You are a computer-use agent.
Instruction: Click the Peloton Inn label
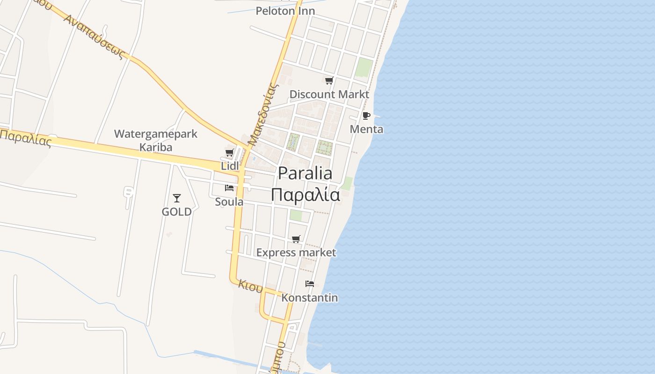coord(285,11)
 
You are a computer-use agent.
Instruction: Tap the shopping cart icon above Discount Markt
coord(329,80)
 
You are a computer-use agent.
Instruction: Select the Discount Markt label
coord(329,94)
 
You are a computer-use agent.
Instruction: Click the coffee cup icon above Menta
coord(366,115)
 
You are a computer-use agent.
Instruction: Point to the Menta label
coord(366,129)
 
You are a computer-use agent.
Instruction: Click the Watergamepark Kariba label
coord(156,140)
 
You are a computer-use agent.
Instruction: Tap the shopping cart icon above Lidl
coord(229,152)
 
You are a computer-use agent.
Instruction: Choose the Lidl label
coord(230,166)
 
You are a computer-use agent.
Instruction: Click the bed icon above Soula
coord(229,188)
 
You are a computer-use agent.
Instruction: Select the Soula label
coord(229,202)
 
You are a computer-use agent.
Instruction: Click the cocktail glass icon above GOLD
coord(176,198)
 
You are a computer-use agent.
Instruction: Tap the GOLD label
coord(176,212)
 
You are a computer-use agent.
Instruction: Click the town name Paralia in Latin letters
coord(305,173)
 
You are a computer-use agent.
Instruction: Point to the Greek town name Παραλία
coord(305,194)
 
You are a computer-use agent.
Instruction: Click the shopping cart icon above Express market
coord(296,239)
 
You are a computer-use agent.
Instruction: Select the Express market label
coord(296,253)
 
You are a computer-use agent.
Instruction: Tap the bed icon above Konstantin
coord(309,284)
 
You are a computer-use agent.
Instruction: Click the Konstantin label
coord(309,298)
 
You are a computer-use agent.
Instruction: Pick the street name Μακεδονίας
coord(263,115)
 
